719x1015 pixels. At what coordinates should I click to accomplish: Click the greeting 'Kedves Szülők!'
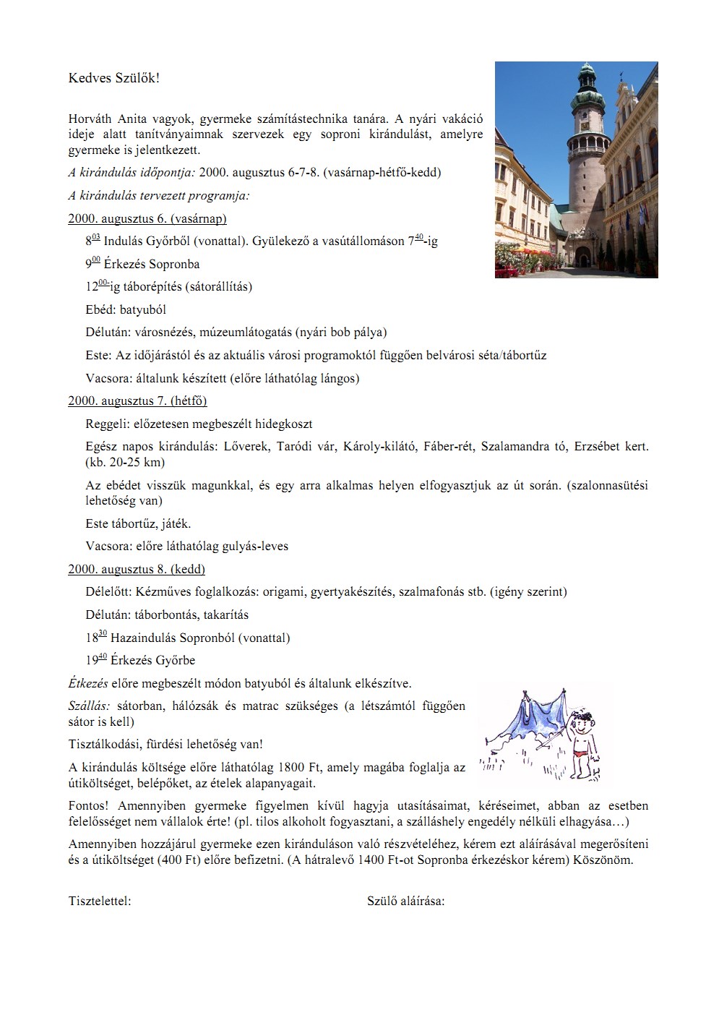click(x=113, y=78)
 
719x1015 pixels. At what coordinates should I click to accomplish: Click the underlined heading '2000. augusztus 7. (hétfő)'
click(x=137, y=401)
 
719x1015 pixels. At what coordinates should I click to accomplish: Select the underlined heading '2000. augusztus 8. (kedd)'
click(x=137, y=569)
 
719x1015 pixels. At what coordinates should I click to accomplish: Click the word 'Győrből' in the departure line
click(x=165, y=241)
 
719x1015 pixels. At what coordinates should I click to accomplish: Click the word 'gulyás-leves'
click(x=255, y=546)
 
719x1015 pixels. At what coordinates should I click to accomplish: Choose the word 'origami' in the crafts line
click(x=283, y=592)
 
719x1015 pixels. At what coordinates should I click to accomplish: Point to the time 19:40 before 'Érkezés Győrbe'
click(x=96, y=659)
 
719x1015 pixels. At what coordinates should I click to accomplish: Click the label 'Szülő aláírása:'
click(x=406, y=901)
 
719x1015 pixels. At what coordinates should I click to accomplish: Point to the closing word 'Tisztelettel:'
click(x=100, y=901)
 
